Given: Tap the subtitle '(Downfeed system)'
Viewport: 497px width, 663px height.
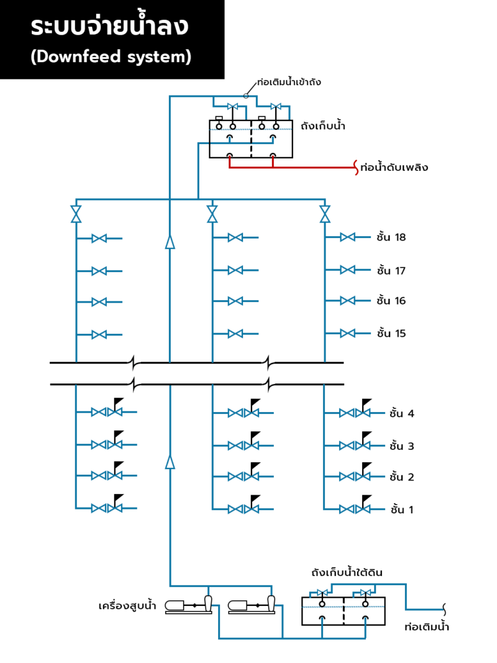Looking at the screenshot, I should pyautogui.click(x=111, y=57).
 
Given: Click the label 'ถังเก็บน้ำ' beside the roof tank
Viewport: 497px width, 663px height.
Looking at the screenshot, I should pyautogui.click(x=322, y=126).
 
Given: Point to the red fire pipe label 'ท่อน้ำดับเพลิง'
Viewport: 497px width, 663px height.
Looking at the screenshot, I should pyautogui.click(x=394, y=168).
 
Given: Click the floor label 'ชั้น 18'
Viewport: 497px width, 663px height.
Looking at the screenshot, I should pyautogui.click(x=391, y=237).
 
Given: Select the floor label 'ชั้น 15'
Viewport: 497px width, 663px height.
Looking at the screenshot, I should pyautogui.click(x=391, y=334).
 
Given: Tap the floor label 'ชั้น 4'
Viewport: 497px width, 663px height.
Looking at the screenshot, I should pyautogui.click(x=401, y=413).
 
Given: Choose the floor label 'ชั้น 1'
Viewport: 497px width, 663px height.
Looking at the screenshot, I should pyautogui.click(x=401, y=510).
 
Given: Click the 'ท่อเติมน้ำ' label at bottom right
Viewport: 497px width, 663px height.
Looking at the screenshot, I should pyautogui.click(x=426, y=626).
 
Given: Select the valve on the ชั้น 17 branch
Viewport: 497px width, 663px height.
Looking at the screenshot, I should pyautogui.click(x=348, y=270).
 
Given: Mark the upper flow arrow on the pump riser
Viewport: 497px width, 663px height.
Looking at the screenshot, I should pyautogui.click(x=170, y=242).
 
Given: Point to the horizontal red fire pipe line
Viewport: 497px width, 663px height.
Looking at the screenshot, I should pyautogui.click(x=292, y=168).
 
